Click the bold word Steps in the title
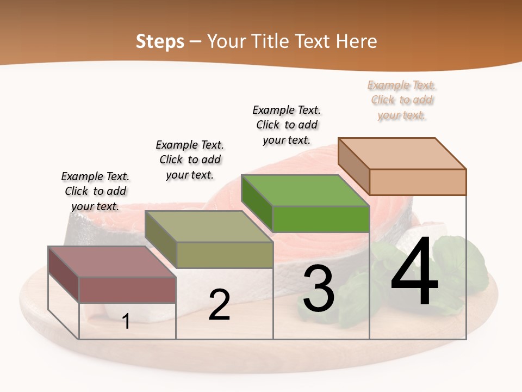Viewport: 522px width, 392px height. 160,41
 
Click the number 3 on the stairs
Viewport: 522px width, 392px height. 319,289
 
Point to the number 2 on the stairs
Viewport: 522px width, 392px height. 219,305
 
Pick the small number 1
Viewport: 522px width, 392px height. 126,322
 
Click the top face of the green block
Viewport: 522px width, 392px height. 304,191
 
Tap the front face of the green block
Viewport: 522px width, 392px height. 321,219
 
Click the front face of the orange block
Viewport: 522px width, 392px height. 418,182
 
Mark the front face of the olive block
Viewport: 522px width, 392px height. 225,255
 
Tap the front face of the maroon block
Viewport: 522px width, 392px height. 127,290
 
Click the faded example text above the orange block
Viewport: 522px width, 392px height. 402,100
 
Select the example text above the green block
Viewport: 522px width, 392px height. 287,125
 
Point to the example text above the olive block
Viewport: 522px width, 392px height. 190,160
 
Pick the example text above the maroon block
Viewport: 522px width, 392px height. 95,191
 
